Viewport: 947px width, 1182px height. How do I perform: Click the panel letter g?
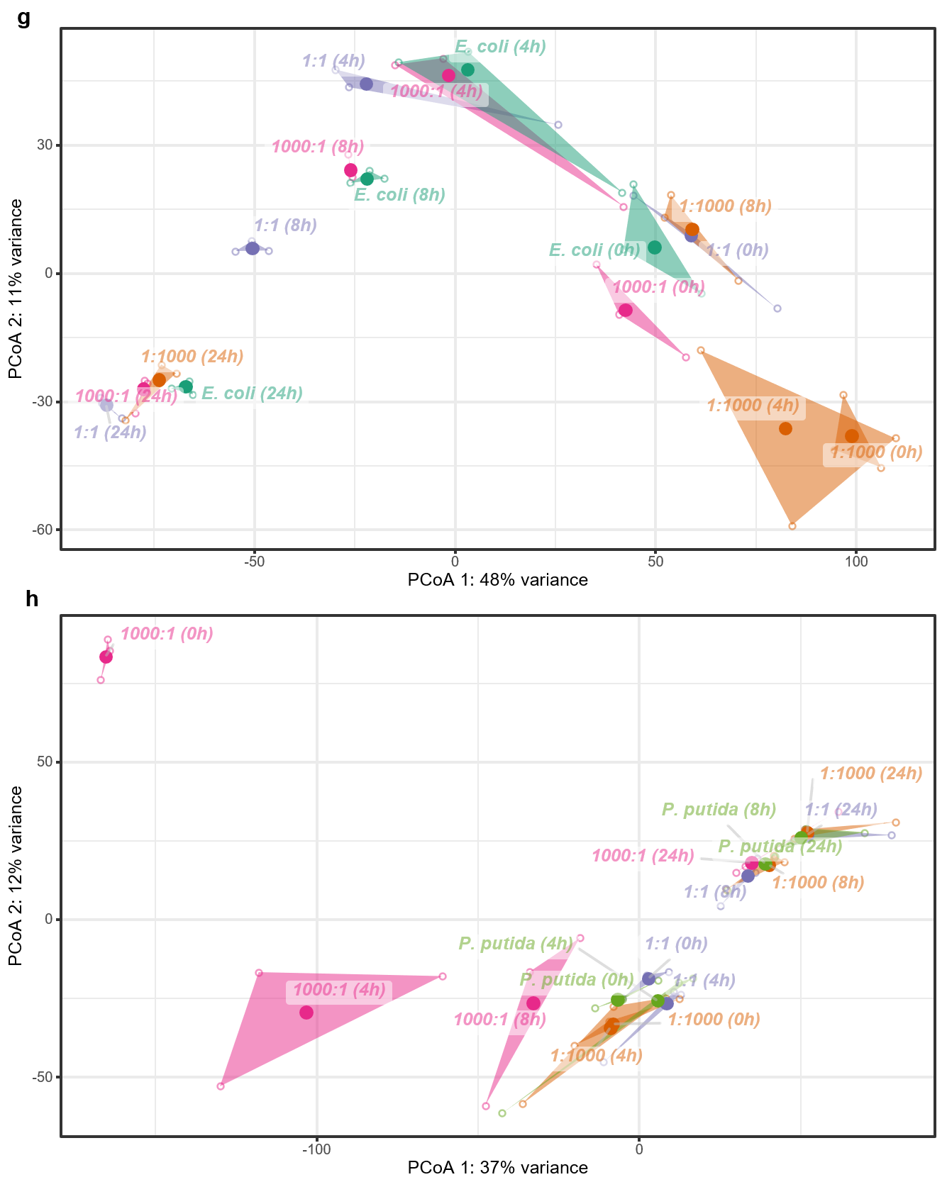coord(23,18)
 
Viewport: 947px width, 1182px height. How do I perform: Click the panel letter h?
coord(31,599)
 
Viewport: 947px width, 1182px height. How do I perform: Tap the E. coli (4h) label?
coord(500,48)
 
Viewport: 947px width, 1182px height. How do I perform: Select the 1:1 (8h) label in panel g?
coord(285,226)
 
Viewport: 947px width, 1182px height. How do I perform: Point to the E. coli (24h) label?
coord(253,394)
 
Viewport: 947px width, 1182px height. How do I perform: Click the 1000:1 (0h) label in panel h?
coord(167,634)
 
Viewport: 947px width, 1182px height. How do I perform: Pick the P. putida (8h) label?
coord(719,810)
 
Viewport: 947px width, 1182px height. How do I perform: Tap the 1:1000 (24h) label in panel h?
coord(871,774)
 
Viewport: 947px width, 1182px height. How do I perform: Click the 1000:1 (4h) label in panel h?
coord(340,989)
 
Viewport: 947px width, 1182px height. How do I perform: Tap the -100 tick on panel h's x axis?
coord(316,1149)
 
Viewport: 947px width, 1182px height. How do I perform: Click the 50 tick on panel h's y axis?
coord(45,762)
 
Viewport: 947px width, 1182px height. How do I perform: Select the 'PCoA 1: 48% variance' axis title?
coord(497,581)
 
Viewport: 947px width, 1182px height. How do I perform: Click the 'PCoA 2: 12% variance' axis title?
coord(16,875)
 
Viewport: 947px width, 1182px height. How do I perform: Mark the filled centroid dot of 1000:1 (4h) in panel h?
coord(306,1013)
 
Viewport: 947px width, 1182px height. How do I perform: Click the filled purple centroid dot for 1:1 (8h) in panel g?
coord(253,248)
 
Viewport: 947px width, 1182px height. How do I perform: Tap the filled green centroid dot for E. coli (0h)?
coord(655,247)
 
